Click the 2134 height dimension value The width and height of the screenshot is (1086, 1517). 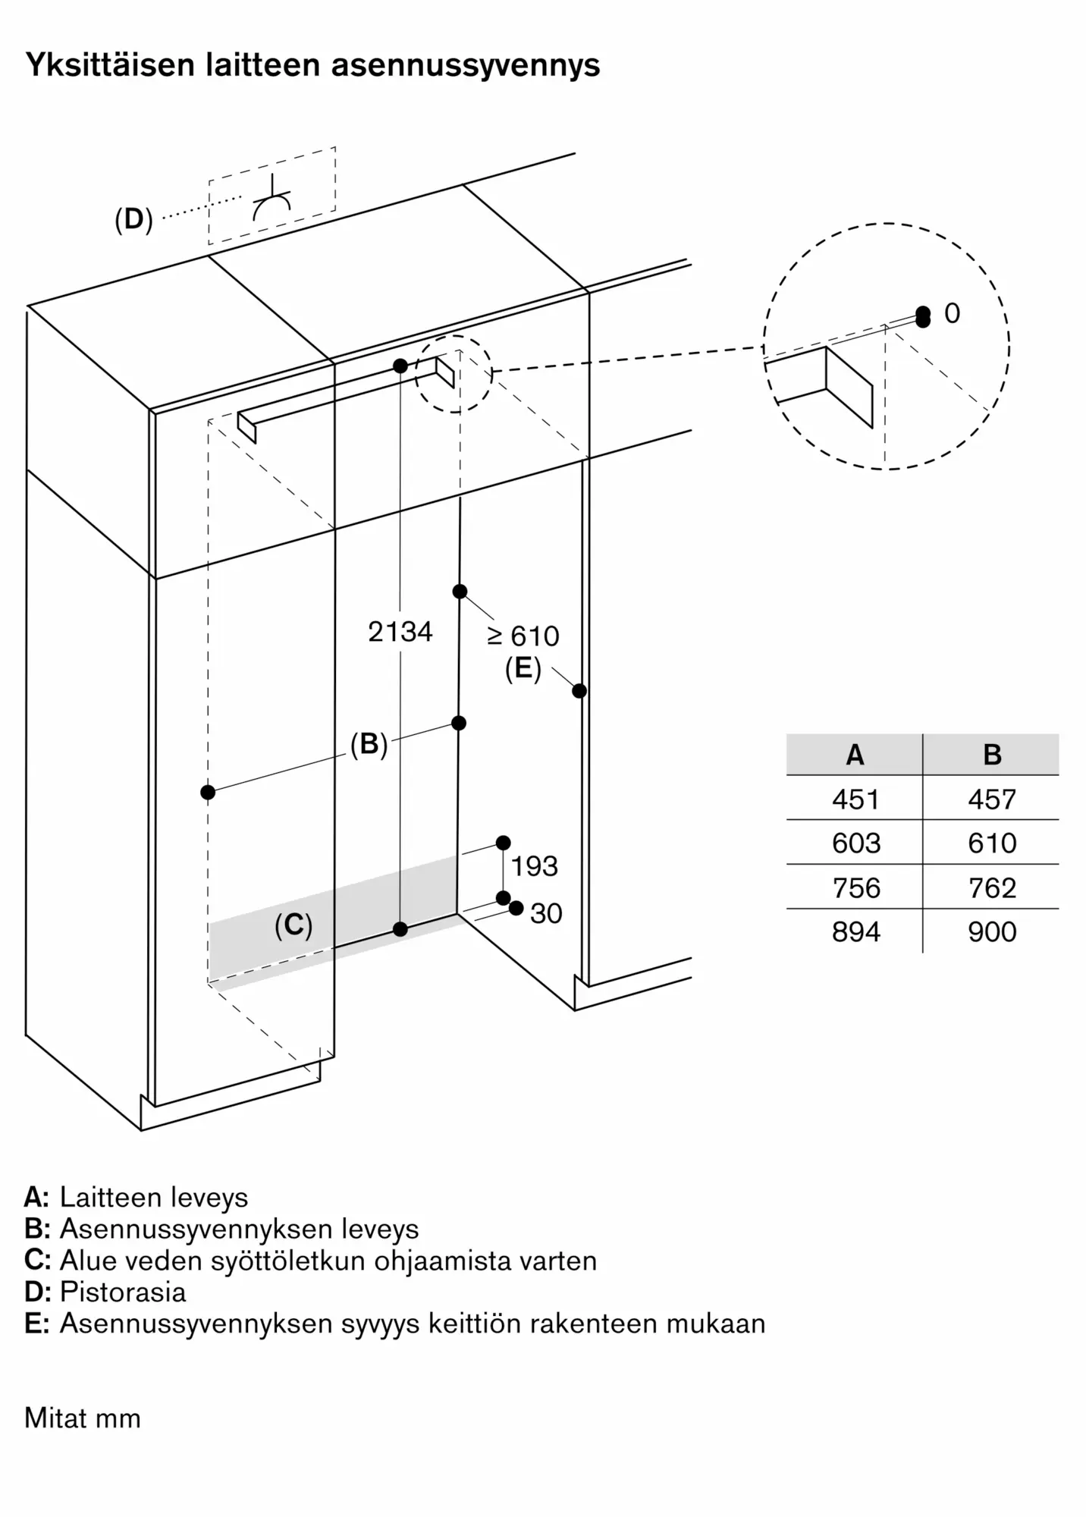pyautogui.click(x=400, y=631)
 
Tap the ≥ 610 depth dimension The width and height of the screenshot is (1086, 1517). pyautogui.click(x=523, y=636)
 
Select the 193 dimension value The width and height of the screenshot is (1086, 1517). pyautogui.click(x=534, y=866)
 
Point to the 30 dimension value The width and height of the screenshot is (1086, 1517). pyautogui.click(x=546, y=913)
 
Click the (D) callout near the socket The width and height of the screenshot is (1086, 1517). pyautogui.click(x=133, y=219)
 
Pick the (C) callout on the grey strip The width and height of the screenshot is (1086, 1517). pyautogui.click(x=293, y=925)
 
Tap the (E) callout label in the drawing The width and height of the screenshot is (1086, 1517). pyautogui.click(x=523, y=669)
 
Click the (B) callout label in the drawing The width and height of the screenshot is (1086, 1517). pyautogui.click(x=369, y=744)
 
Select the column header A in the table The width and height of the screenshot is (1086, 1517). pyautogui.click(x=855, y=755)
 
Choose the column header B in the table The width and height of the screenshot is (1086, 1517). pyautogui.click(x=992, y=755)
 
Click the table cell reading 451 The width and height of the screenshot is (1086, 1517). pyautogui.click(x=855, y=799)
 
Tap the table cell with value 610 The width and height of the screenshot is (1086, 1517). pyautogui.click(x=992, y=843)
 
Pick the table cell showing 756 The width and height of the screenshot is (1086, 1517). pyautogui.click(x=855, y=887)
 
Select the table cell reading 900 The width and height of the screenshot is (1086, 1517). pyautogui.click(x=992, y=931)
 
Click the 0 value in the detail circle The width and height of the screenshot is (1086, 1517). pyautogui.click(x=953, y=313)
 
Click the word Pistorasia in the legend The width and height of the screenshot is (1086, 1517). pyautogui.click(x=123, y=1291)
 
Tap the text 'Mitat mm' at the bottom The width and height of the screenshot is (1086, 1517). pyautogui.click(x=83, y=1418)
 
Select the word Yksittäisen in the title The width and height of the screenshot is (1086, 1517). pyautogui.click(x=110, y=66)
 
